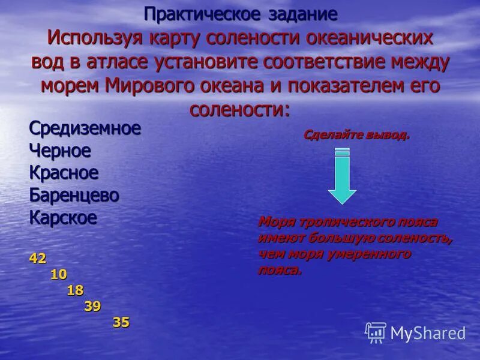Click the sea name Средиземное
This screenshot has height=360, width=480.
(85, 128)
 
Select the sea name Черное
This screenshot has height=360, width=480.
(60, 151)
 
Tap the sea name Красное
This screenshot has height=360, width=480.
(64, 173)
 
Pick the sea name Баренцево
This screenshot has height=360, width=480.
(74, 195)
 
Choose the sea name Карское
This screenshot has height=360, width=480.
(63, 217)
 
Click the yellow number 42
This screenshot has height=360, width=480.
(37, 259)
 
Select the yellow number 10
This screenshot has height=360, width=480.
(59, 274)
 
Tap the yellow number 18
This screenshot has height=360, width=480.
(75, 290)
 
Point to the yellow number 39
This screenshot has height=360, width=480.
(92, 306)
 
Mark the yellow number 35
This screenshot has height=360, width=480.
(121, 322)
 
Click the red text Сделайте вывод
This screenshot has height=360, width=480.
(356, 135)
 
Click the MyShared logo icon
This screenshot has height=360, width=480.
(376, 332)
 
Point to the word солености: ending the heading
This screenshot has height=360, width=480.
(240, 109)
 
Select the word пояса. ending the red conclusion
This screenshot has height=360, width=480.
(280, 269)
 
